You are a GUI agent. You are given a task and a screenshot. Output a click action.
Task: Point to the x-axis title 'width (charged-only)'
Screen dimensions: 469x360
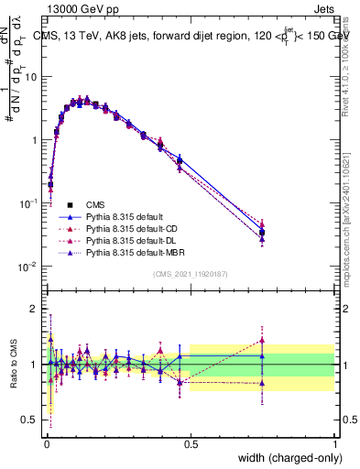click(285, 458)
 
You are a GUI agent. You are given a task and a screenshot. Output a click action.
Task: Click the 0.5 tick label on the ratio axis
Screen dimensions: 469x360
click(30, 420)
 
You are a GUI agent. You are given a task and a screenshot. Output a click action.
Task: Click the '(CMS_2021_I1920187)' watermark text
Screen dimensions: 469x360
click(190, 274)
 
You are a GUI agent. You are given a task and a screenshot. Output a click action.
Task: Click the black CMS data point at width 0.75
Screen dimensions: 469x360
click(262, 233)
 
